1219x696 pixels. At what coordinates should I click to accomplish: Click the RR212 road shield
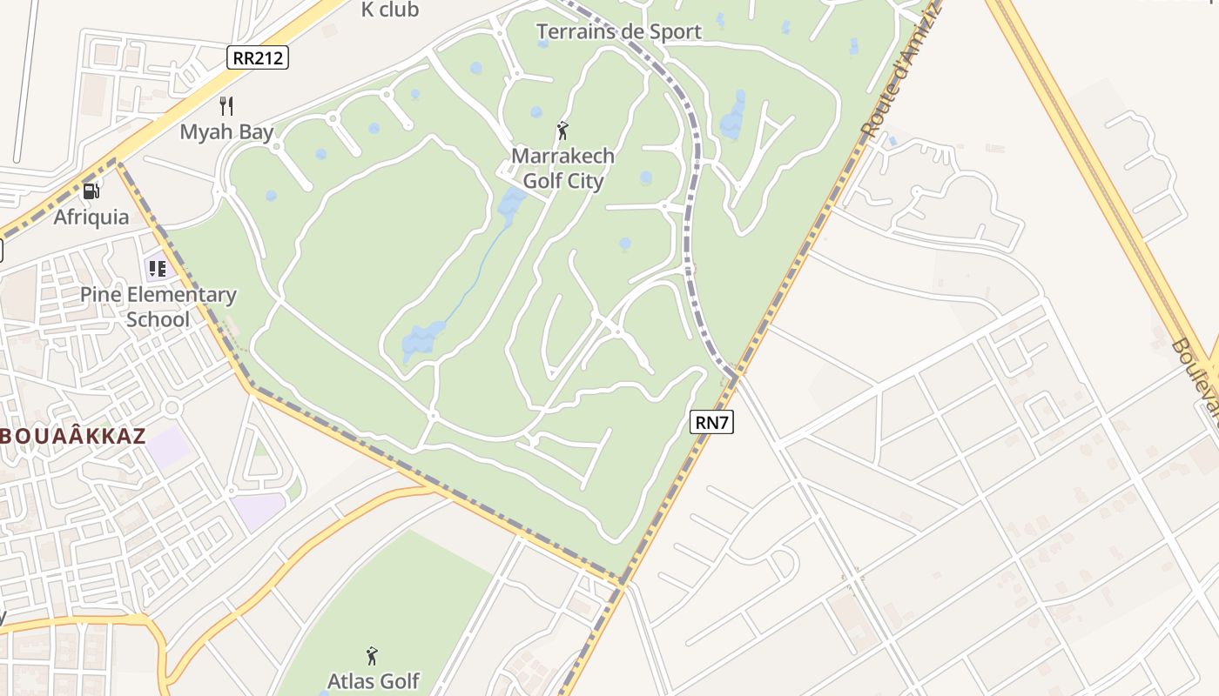click(258, 57)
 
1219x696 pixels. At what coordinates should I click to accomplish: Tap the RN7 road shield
click(711, 423)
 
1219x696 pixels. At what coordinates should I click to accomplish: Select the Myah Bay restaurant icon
click(226, 106)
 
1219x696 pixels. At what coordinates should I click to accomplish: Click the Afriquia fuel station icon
click(91, 191)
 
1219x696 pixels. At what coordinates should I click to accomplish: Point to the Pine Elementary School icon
click(157, 268)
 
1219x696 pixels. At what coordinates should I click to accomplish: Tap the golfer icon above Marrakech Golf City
click(562, 131)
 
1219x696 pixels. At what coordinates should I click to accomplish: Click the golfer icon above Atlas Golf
click(373, 655)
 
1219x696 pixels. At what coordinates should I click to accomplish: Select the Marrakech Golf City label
click(562, 169)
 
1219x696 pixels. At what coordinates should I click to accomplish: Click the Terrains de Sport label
click(618, 32)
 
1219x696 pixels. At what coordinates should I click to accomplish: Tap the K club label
click(390, 10)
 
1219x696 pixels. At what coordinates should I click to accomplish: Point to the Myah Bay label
click(226, 132)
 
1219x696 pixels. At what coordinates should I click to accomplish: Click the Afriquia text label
click(91, 217)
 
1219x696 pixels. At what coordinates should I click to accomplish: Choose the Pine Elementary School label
click(158, 307)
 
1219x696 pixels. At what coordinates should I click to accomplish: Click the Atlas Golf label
click(373, 680)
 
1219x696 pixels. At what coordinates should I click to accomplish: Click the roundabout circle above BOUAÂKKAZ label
click(171, 407)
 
